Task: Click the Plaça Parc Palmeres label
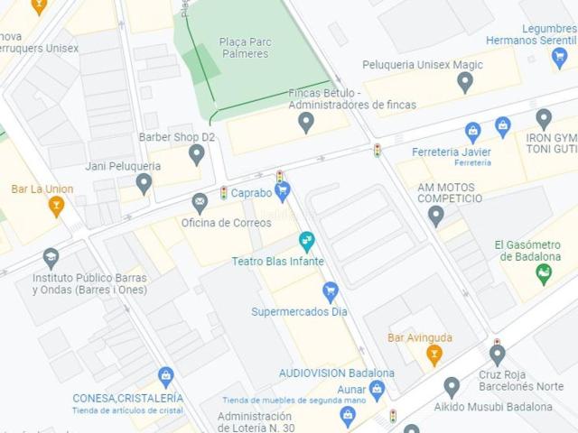[244, 47]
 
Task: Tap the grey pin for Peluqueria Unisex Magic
[465, 82]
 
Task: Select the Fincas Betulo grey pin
[306, 121]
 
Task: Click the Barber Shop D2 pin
[197, 153]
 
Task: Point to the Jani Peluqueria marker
[144, 183]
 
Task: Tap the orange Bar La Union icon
[56, 206]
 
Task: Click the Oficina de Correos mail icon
[200, 203]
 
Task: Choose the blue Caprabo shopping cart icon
[283, 191]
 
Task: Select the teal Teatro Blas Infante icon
[307, 241]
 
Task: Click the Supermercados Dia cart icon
[331, 291]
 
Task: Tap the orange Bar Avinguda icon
[434, 355]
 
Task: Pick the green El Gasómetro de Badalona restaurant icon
[544, 273]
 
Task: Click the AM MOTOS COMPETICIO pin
[436, 216]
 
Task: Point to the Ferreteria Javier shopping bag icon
[472, 133]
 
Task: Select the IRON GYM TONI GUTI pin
[544, 118]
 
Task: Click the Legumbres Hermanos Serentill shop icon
[559, 58]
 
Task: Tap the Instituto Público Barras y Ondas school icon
[51, 259]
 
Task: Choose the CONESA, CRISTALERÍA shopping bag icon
[165, 376]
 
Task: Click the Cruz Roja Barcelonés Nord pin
[497, 354]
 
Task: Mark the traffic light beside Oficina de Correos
[224, 193]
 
